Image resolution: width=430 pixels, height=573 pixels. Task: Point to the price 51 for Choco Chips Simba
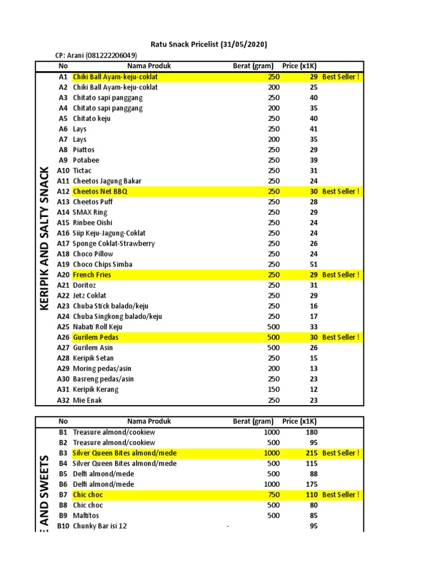314,264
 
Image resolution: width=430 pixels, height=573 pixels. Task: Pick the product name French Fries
92,275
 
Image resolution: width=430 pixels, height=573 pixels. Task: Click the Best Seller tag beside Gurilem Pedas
340,337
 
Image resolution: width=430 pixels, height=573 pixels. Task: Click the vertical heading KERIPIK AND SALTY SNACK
45,238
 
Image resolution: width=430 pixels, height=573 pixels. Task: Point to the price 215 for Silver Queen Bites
311,453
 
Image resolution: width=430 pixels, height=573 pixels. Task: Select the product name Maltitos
88,516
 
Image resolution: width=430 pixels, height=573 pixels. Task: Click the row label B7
63,495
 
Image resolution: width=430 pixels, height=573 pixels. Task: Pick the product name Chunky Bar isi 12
100,526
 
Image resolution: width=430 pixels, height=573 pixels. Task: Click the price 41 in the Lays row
314,129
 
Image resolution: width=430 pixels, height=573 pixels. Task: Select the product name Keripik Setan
93,358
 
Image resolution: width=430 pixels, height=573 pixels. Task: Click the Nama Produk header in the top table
149,66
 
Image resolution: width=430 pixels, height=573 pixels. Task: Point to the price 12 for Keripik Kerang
314,389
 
